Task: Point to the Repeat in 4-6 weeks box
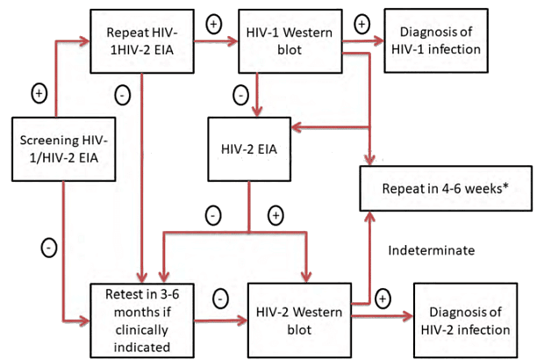[x=447, y=188]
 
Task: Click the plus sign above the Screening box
[x=39, y=91]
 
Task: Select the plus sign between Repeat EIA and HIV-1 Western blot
[x=213, y=24]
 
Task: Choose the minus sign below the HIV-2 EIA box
[x=213, y=214]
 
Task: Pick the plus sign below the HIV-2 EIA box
[x=275, y=214]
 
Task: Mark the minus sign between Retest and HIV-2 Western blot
[x=220, y=299]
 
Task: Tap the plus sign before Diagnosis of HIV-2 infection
[x=383, y=299]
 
